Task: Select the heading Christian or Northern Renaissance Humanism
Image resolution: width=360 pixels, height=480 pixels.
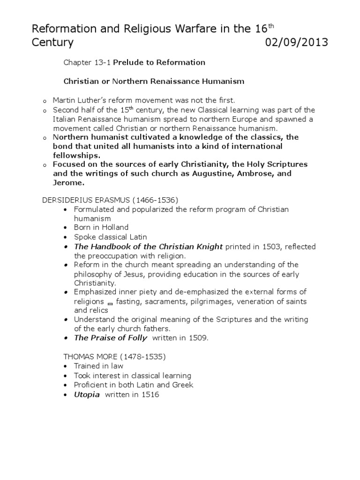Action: (154, 81)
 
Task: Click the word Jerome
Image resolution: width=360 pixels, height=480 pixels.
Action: (67, 183)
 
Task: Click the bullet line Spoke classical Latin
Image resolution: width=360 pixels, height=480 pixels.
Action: (111, 237)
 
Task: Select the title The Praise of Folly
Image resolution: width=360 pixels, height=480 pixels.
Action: (111, 338)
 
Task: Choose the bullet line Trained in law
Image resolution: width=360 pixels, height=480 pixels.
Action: (97, 366)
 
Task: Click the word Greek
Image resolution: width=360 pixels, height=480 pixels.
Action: (183, 385)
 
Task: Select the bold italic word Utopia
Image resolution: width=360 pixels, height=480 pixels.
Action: (87, 394)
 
